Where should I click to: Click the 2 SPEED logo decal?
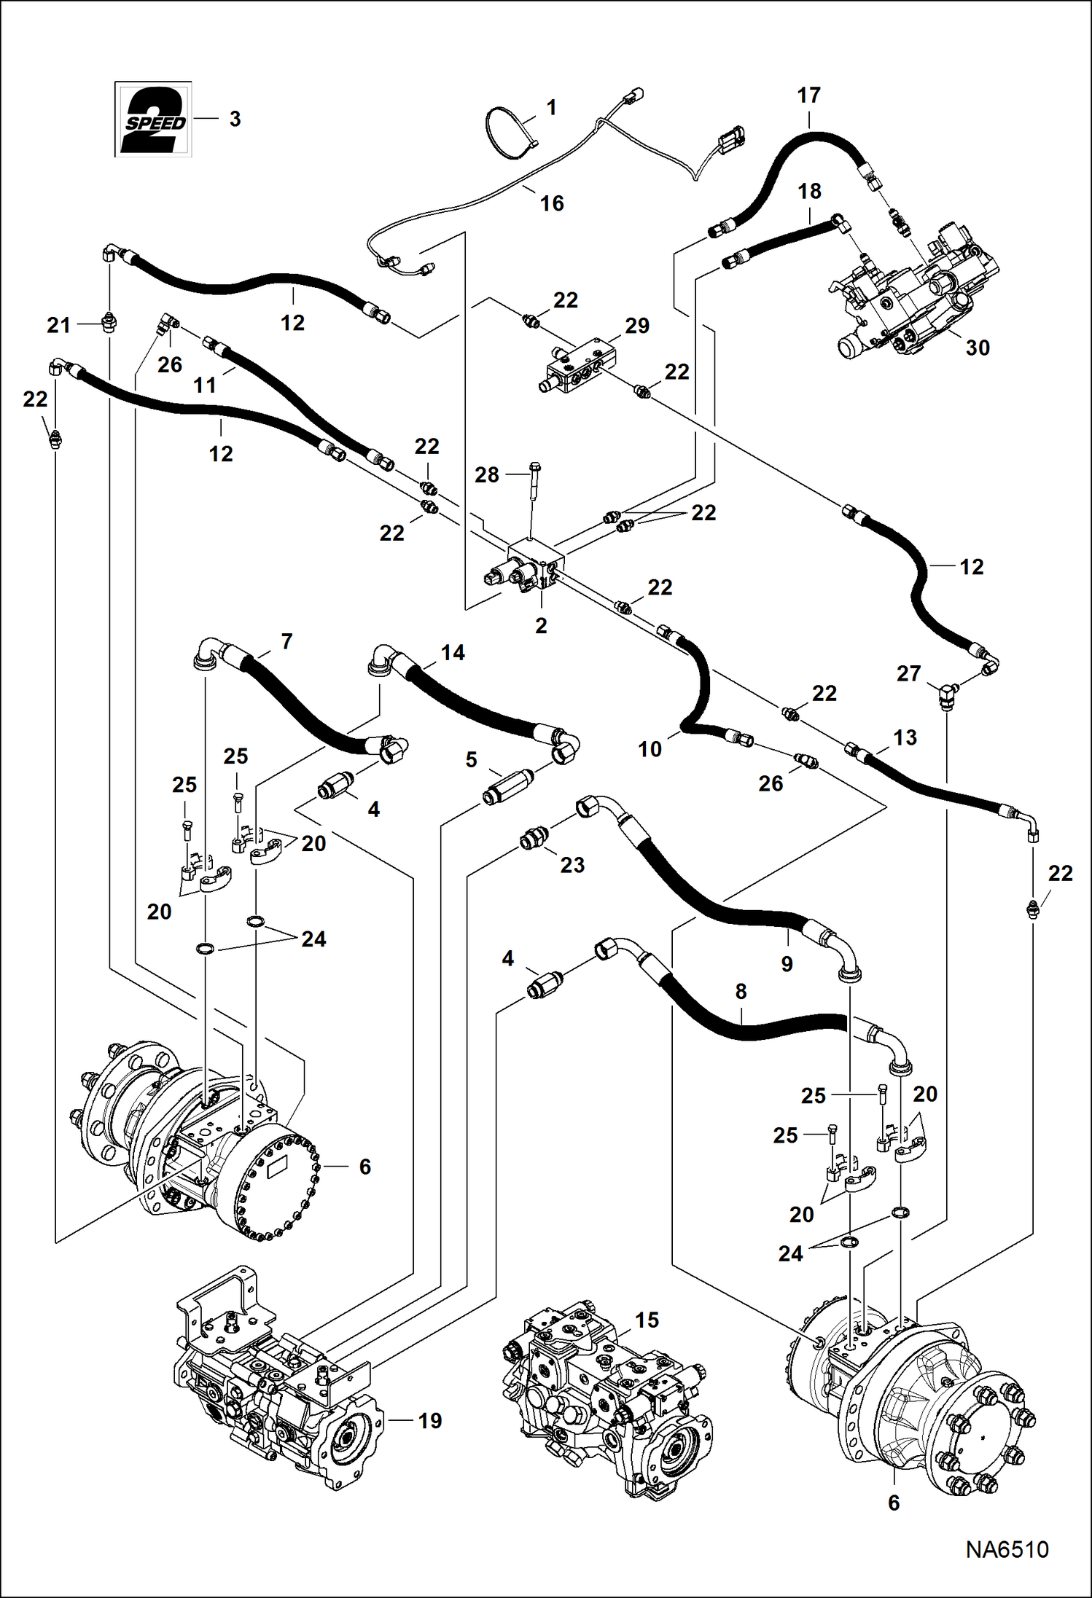coord(153,119)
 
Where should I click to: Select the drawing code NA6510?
coord(1007,1549)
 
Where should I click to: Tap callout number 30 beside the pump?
coord(978,348)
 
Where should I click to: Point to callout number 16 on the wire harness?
coord(552,203)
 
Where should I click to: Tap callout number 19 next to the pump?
coord(430,1420)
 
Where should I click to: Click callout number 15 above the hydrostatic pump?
coord(647,1320)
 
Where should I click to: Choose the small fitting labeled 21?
coord(109,324)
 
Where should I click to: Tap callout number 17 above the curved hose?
coord(808,95)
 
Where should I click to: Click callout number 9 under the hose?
coord(787,964)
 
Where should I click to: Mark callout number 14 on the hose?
coord(453,652)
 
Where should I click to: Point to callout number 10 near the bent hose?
coord(650,748)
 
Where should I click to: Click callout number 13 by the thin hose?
coord(905,737)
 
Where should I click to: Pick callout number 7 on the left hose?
coord(286,641)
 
